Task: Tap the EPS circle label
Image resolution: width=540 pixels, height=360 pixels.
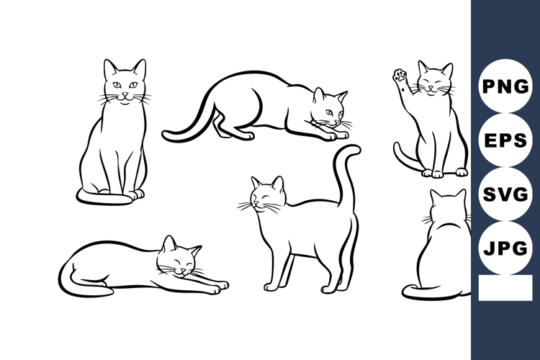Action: pos(505,140)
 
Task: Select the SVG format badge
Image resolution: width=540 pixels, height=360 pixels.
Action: pos(505,194)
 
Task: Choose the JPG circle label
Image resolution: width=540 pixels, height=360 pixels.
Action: pos(505,248)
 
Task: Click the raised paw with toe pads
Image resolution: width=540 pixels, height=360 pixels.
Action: pos(398,75)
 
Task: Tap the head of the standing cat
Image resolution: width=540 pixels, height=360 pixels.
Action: pos(266,197)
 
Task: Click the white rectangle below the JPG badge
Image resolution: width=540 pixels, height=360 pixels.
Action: pos(504,288)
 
